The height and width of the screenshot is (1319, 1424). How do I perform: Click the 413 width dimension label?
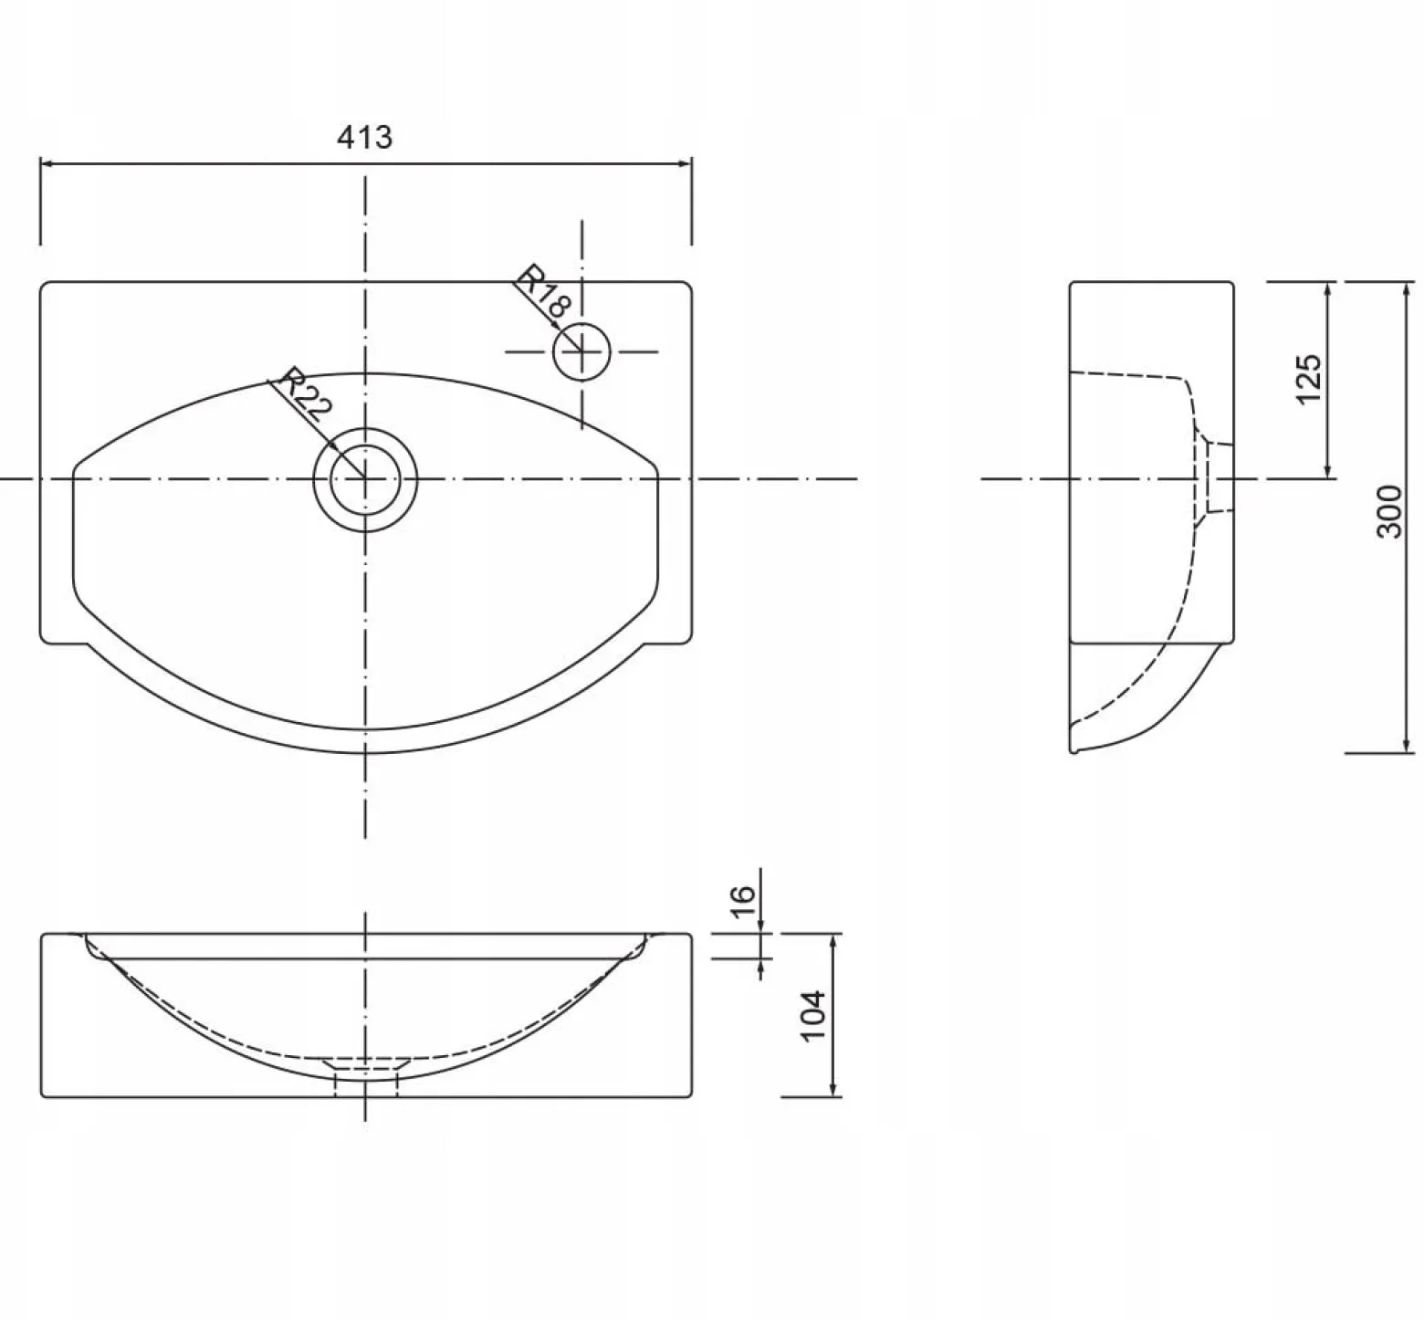point(365,137)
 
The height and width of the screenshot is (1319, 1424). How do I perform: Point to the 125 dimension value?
point(1308,379)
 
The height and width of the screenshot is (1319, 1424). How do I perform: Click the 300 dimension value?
point(1388,511)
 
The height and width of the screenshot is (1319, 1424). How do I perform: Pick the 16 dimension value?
point(744,894)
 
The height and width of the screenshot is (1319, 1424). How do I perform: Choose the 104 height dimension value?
point(811,1015)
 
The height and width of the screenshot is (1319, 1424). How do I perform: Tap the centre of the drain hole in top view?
point(365,478)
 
